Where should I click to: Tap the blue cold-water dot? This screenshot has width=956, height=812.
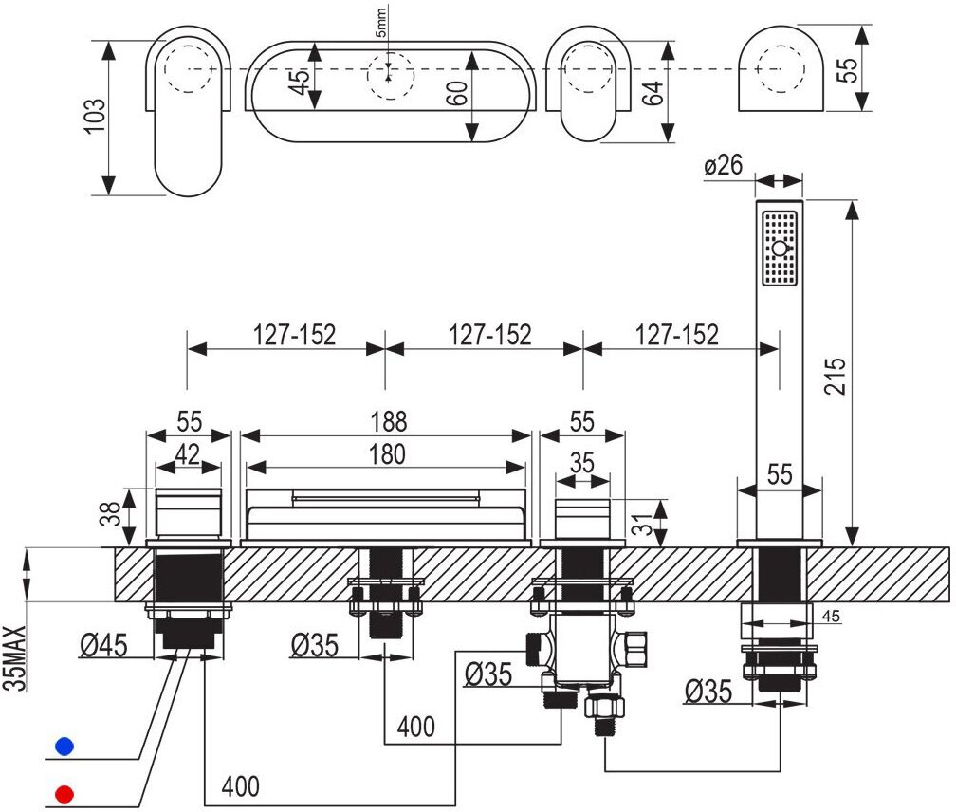click(x=64, y=746)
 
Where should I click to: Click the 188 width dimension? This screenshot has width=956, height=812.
click(x=386, y=420)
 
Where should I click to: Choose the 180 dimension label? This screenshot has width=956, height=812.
click(x=386, y=454)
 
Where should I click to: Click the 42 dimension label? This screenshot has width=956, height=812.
click(x=189, y=454)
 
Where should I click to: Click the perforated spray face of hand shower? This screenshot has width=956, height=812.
click(x=780, y=248)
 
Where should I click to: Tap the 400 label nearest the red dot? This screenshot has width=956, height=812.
click(x=240, y=785)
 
